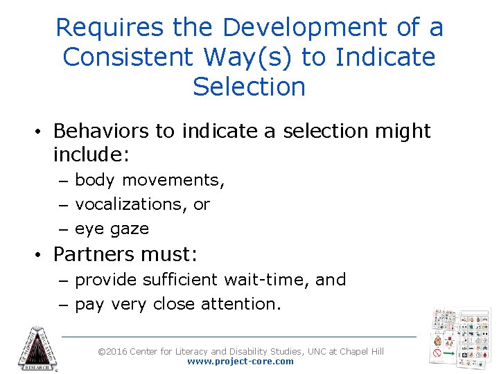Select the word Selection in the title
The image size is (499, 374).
(249, 87)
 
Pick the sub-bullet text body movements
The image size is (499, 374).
(150, 180)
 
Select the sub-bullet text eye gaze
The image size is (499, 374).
(112, 229)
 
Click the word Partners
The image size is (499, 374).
(93, 254)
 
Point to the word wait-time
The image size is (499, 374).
(266, 280)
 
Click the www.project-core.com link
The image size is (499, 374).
(240, 362)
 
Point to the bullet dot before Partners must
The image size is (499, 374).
(42, 255)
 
